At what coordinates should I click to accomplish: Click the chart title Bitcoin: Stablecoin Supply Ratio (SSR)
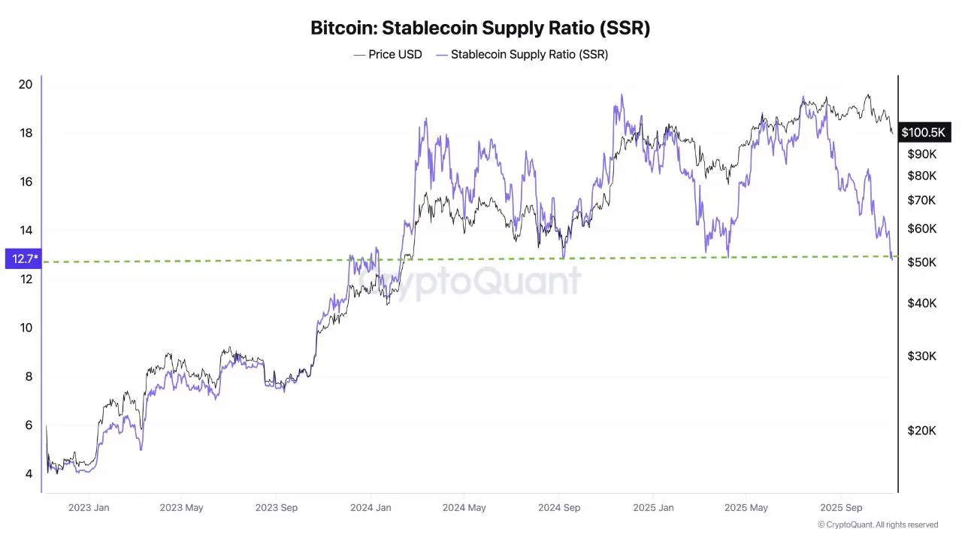[x=480, y=29]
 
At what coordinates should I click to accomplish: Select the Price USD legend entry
[x=388, y=55]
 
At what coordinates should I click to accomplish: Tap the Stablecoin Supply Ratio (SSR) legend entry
[x=522, y=55]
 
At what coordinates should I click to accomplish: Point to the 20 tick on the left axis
[x=26, y=84]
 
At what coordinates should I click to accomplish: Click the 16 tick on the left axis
[x=26, y=182]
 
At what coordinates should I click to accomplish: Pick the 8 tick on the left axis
[x=29, y=376]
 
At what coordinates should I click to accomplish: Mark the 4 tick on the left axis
[x=29, y=474]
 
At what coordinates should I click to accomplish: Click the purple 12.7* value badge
[x=22, y=259]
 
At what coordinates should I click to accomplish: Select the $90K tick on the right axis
[x=921, y=154]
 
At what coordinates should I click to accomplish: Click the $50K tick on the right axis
[x=921, y=262]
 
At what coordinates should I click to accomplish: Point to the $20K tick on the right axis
[x=921, y=431]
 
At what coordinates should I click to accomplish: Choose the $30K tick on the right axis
[x=921, y=355]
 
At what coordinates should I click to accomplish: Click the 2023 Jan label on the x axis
[x=89, y=508]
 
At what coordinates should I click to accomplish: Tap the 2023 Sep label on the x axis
[x=277, y=508]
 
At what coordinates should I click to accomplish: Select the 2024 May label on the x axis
[x=464, y=508]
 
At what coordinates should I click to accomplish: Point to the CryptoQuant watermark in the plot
[x=470, y=282]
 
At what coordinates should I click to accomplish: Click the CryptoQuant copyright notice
[x=877, y=524]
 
